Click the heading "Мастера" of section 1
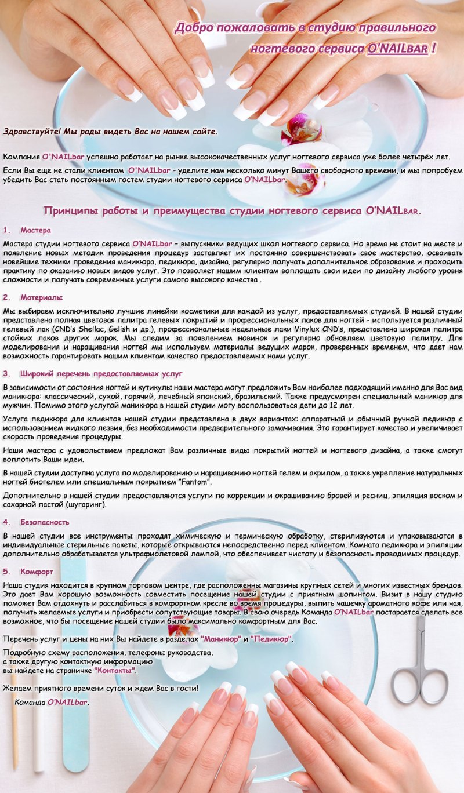pyautogui.click(x=36, y=230)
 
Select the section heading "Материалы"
pyautogui.click(x=41, y=297)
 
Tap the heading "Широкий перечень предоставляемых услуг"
pyautogui.click(x=101, y=374)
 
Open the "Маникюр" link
pyautogui.click(x=221, y=639)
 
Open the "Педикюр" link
pyautogui.click(x=271, y=639)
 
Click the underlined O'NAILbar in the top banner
pyautogui.click(x=397, y=49)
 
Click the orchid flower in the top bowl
pyautogui.click(x=301, y=130)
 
